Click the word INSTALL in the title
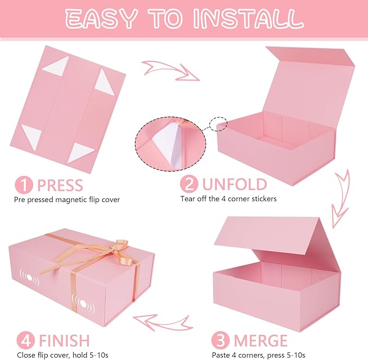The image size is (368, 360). coord(249,19)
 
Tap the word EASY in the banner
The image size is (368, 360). coord(100,19)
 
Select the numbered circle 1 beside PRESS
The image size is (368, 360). coord(24,185)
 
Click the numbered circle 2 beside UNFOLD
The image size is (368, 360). coord(189,184)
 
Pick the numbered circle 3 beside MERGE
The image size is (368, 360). coord(220,340)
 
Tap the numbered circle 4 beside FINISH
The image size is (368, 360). coord(25,340)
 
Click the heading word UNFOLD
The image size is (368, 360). coord(235,184)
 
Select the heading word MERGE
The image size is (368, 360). coord(261,341)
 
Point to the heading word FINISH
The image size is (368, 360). coord(64,341)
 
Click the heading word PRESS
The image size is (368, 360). coord(60,185)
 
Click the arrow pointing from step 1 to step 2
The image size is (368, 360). coord(171,70)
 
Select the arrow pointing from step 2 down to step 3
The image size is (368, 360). coord(340,199)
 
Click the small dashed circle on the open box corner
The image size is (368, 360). coord(218,124)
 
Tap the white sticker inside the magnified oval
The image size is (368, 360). coord(167,143)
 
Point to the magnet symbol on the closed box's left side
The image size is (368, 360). coord(29,277)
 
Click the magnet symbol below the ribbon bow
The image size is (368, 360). coord(83,304)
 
